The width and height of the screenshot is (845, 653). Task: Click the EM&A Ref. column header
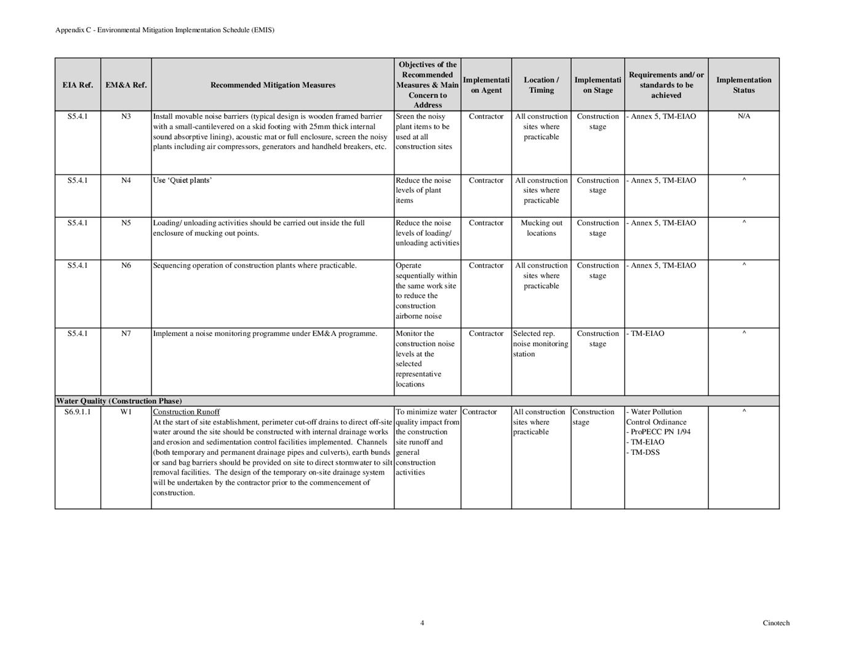pos(126,85)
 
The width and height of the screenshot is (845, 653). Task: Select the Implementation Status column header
pos(743,85)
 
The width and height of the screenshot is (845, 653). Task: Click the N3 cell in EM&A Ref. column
pos(126,116)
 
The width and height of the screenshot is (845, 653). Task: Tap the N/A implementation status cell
pos(743,116)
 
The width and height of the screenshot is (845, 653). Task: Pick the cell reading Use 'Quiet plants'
pos(182,180)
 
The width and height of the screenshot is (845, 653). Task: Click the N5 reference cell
pos(126,223)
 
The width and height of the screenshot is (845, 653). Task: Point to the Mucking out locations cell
pos(541,228)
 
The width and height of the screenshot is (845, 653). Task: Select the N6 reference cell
pos(126,265)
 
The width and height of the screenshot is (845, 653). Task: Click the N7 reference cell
pos(126,334)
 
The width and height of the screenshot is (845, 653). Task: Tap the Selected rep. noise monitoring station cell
pos(540,343)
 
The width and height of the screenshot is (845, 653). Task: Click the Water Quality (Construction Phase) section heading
pos(119,401)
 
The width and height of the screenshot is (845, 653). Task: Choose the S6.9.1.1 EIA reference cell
pos(78,412)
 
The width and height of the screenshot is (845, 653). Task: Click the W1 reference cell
pos(126,412)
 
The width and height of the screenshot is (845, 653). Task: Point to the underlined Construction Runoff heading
pos(186,412)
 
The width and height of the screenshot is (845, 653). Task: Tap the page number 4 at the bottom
pos(422,623)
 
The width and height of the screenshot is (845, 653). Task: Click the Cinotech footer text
pos(775,623)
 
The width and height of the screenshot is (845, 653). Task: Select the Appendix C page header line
pos(165,30)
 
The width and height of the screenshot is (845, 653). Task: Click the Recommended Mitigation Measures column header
pos(273,85)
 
